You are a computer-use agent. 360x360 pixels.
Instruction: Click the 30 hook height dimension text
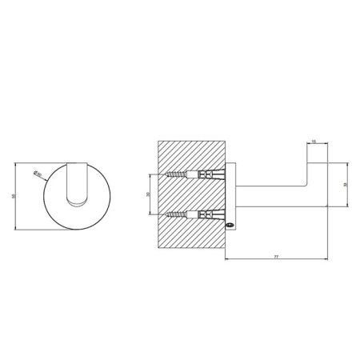[x=344, y=182]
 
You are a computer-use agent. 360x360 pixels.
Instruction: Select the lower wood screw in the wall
[x=178, y=214]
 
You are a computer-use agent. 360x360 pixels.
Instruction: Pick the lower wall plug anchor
[x=209, y=214]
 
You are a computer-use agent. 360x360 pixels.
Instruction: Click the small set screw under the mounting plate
[x=229, y=226]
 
